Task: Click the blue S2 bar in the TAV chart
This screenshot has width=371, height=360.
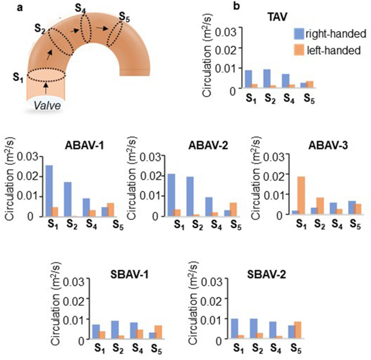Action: click(x=266, y=78)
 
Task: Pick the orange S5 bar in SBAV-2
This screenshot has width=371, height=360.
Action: click(x=313, y=330)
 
